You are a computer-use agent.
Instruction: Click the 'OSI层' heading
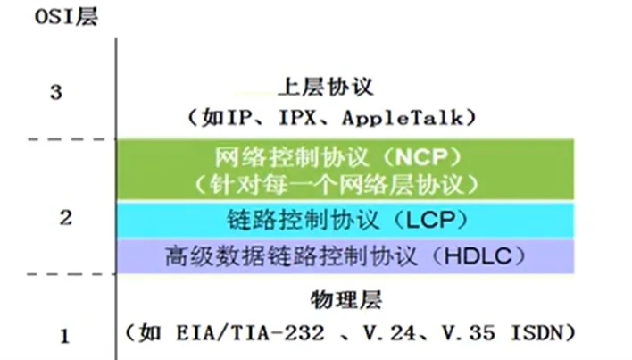point(67,17)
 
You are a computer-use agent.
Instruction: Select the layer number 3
point(56,92)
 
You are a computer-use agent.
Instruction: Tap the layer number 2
point(66,218)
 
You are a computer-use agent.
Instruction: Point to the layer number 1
point(65,336)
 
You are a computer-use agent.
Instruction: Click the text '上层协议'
point(326,87)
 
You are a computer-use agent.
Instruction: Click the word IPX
point(297,118)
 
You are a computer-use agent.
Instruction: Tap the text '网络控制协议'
point(292,157)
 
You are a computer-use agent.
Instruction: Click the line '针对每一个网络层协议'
point(337,185)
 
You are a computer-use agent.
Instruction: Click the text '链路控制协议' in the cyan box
point(303,220)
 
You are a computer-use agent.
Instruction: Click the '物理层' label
point(346,300)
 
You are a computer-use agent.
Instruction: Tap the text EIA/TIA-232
point(250,334)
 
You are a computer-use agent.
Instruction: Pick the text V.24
point(389,334)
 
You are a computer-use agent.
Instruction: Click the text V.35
point(469,334)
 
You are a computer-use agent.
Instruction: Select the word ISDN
point(536,334)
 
